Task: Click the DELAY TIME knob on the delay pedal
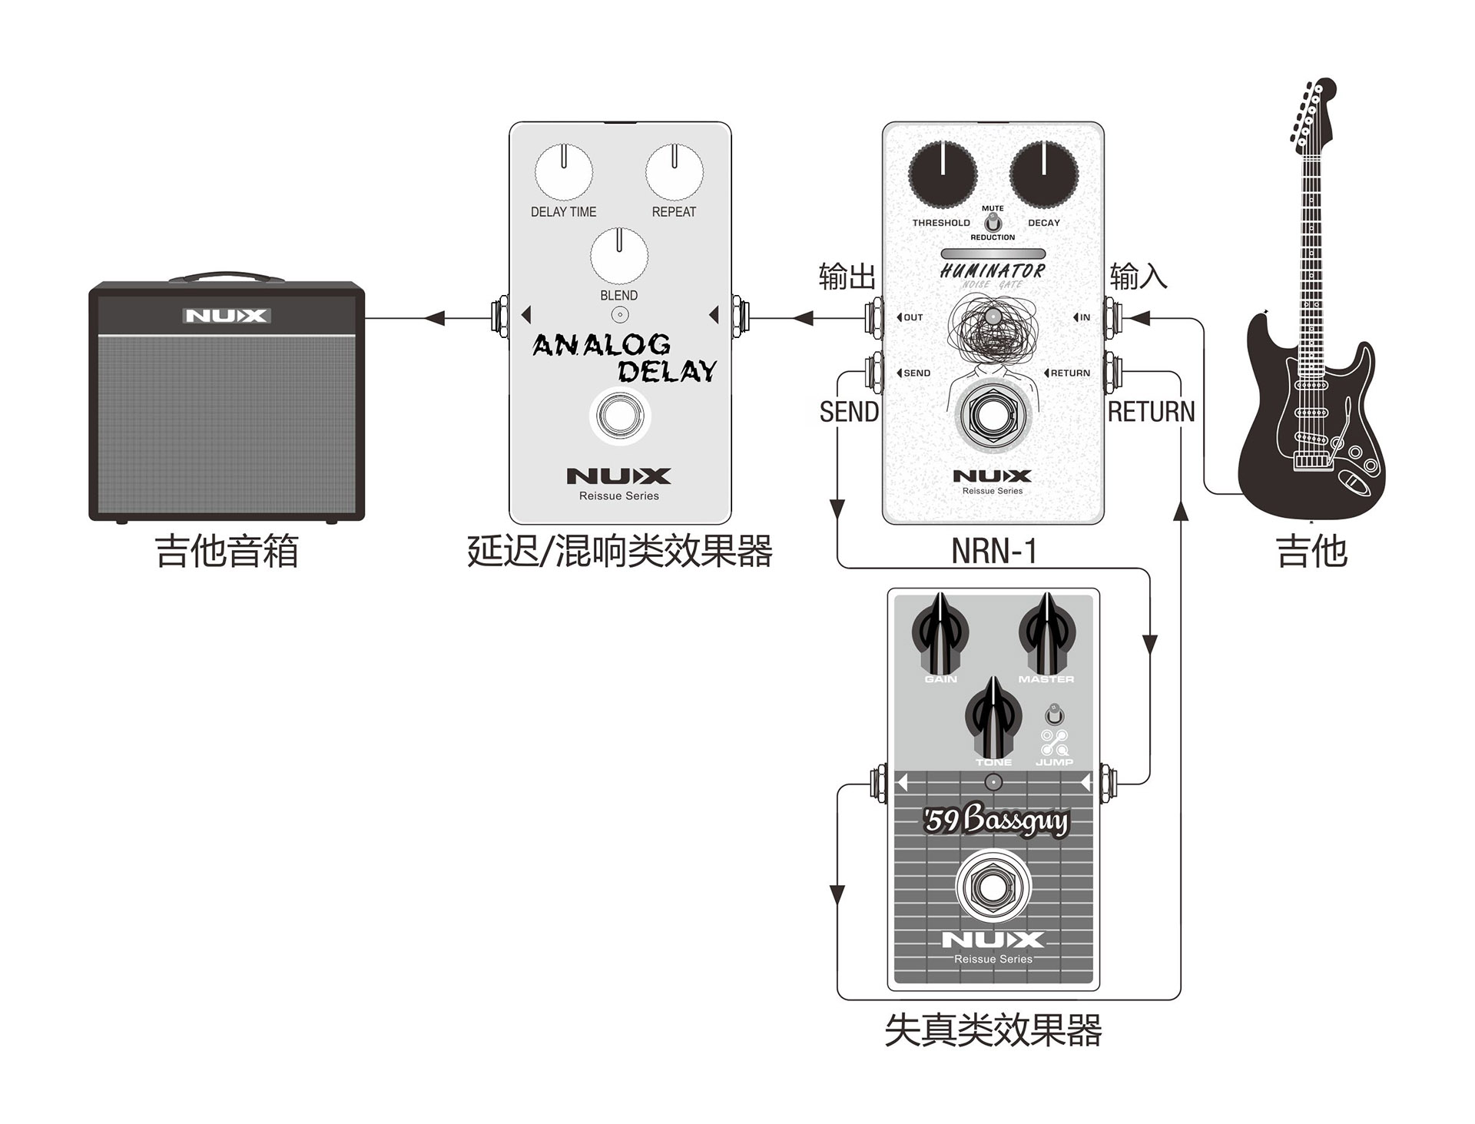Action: coord(563,171)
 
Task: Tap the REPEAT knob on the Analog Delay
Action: coord(674,171)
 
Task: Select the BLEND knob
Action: coord(618,255)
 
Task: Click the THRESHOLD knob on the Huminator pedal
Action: coord(942,174)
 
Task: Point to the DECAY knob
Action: coord(1043,174)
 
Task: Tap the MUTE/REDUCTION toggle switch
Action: coord(993,223)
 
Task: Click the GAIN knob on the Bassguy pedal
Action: coord(940,635)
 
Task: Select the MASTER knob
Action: coord(1046,635)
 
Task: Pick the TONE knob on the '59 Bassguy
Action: coord(993,718)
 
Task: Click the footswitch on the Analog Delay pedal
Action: coord(619,416)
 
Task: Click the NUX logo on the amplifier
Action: coord(227,316)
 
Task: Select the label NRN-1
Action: coord(993,551)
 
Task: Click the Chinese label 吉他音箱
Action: coord(227,552)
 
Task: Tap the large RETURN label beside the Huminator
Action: coord(1151,413)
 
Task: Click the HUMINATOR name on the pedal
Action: coord(993,270)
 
